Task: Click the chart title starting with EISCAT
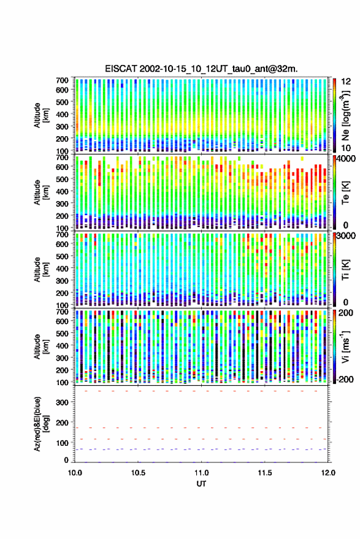(x=202, y=69)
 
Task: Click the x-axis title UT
(x=201, y=484)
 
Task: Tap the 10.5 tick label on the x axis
(x=138, y=473)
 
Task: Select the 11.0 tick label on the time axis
(x=202, y=473)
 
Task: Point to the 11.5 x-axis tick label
(x=265, y=473)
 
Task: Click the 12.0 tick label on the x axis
(x=328, y=473)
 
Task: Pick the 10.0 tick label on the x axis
(x=75, y=473)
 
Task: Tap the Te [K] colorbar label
(x=345, y=193)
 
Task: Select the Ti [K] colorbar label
(x=345, y=270)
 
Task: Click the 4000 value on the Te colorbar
(x=346, y=159)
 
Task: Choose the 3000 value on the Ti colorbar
(x=346, y=236)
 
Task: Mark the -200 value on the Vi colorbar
(x=345, y=380)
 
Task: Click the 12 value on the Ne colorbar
(x=347, y=82)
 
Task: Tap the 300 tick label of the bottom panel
(x=62, y=402)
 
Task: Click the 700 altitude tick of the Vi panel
(x=62, y=312)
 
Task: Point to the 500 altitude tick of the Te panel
(x=62, y=179)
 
